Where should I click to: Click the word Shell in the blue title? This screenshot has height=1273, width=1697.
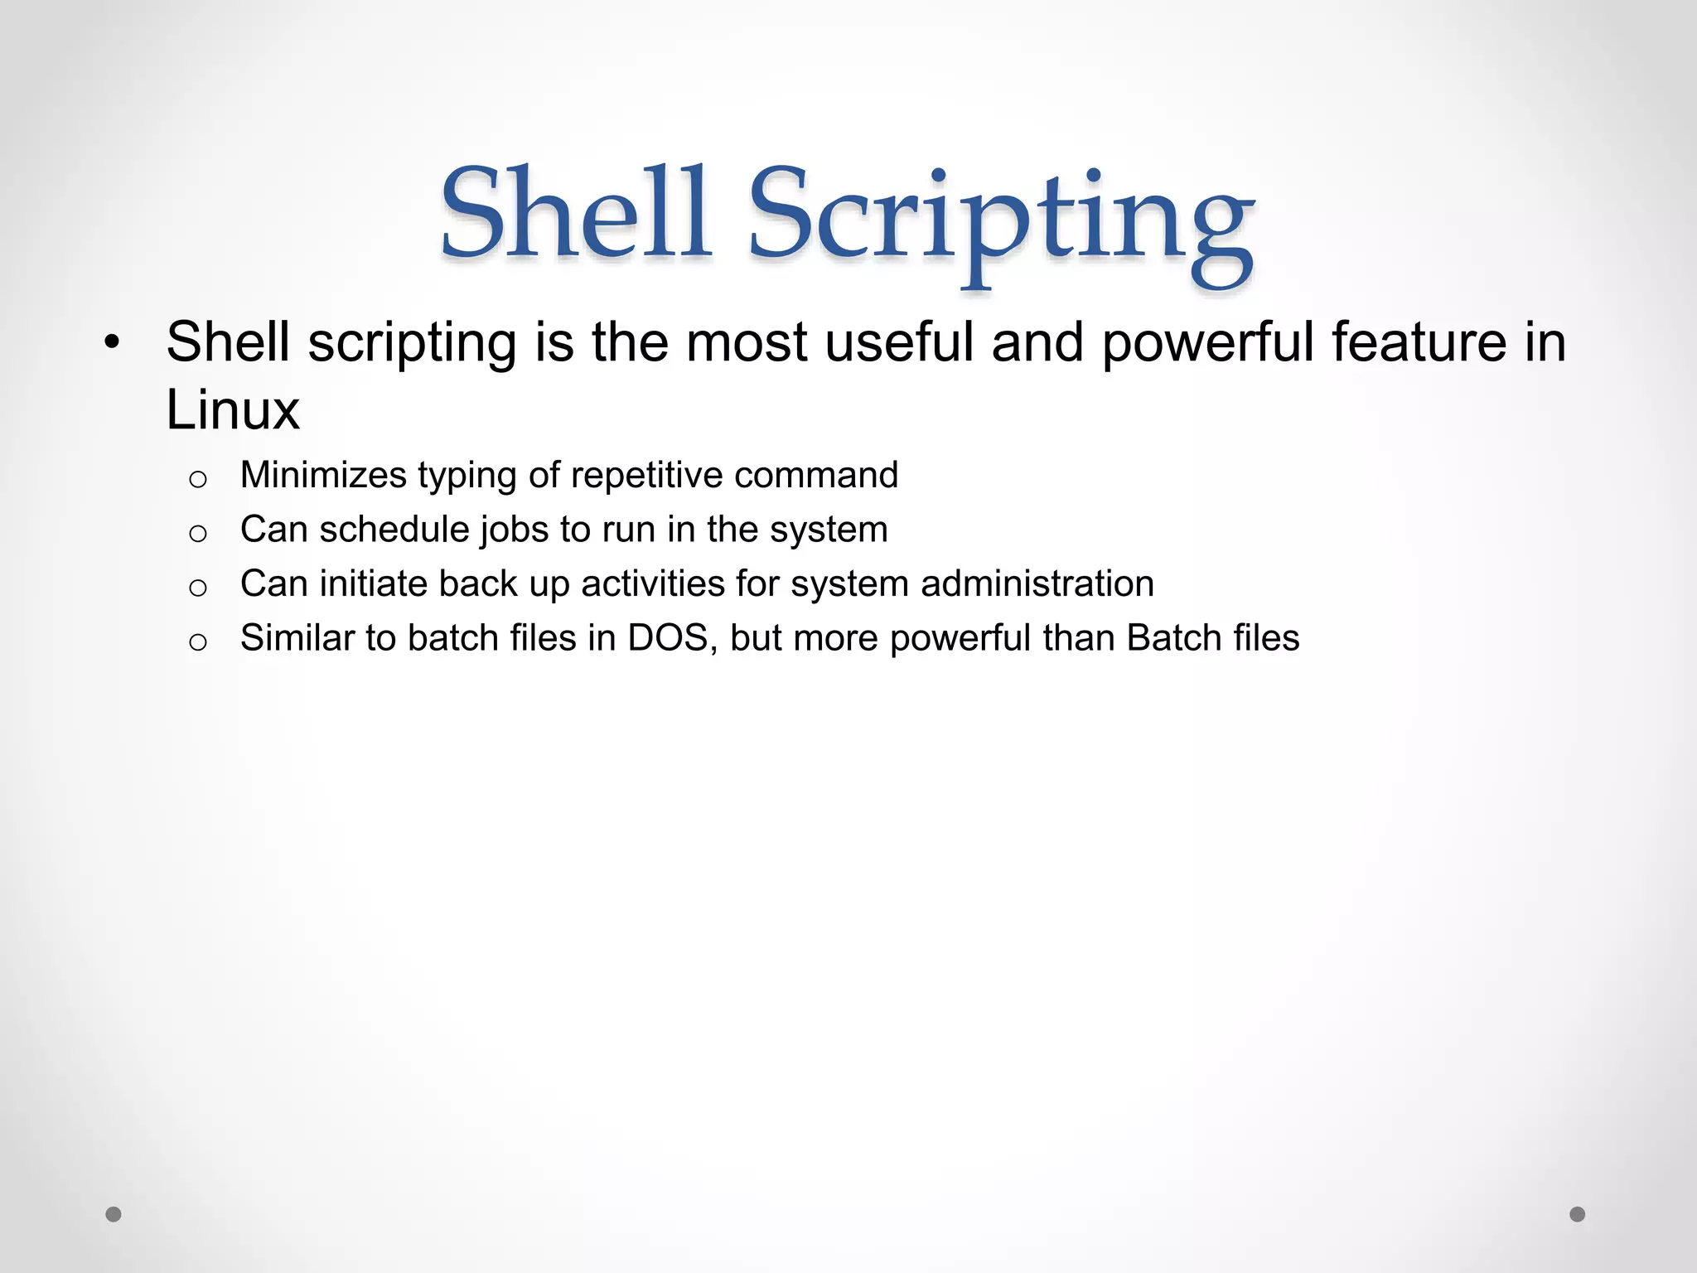coord(576,213)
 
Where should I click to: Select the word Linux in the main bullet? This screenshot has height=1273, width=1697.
coord(233,410)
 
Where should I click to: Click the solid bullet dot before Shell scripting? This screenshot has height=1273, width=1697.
coord(113,342)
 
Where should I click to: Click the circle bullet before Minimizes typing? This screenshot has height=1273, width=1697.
coord(197,479)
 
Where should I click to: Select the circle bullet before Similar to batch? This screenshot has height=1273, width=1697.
coord(197,642)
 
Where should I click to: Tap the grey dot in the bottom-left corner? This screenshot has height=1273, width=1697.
coord(114,1214)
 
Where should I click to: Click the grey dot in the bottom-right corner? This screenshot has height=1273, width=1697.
coord(1578,1214)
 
